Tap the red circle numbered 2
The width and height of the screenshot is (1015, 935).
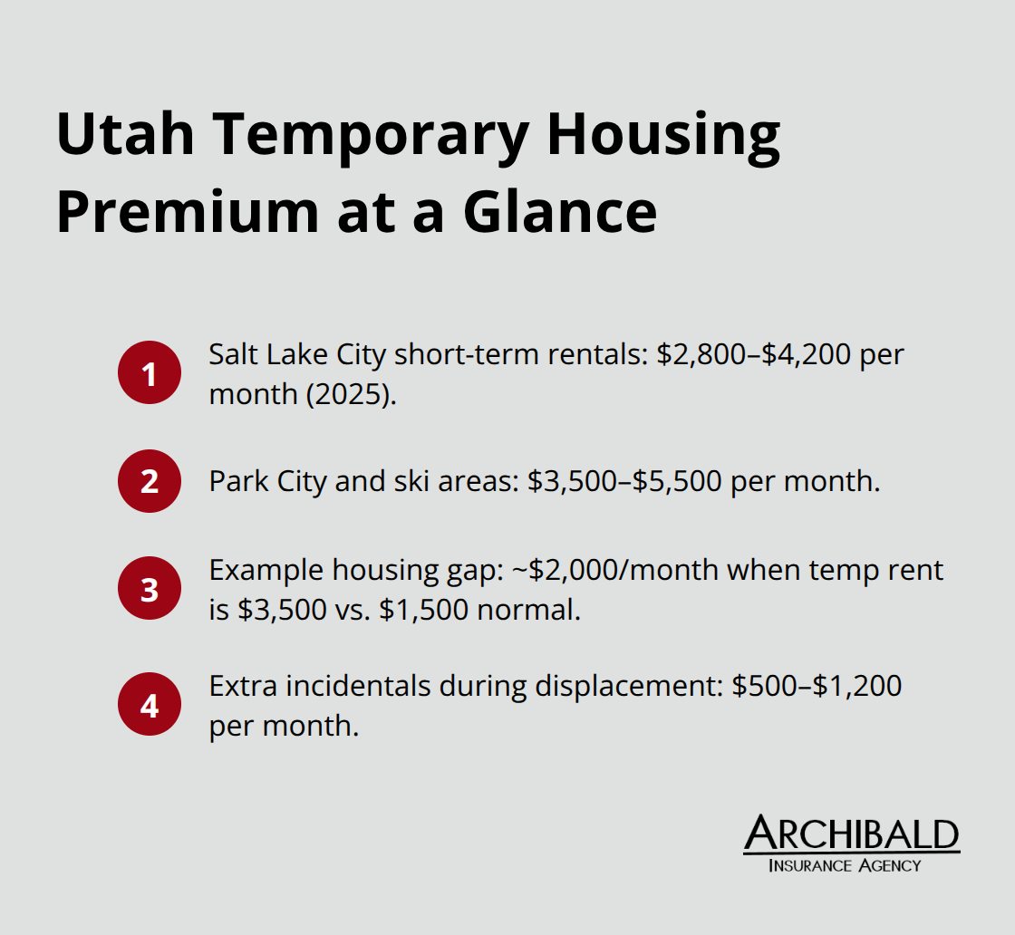coord(150,481)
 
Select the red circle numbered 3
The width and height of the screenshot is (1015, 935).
coord(150,589)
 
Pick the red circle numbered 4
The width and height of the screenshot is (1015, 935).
coord(150,704)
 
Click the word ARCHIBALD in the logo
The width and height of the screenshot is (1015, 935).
coord(851,834)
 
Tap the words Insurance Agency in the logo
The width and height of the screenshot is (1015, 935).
coord(844,865)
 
